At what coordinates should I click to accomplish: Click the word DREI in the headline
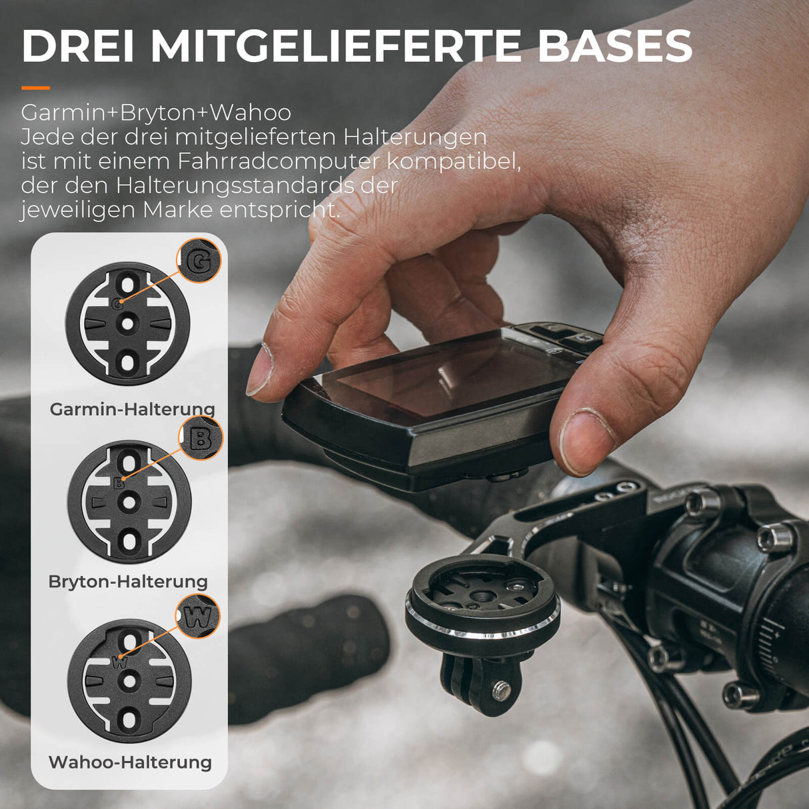point(79,46)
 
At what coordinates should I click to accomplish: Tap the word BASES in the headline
point(615,46)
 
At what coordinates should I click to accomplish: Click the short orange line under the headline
point(35,88)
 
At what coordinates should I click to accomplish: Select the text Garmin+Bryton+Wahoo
point(156,113)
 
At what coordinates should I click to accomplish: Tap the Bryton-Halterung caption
point(128,581)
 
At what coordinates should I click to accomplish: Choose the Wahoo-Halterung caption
point(130,762)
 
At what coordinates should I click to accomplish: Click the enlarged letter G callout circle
point(199,261)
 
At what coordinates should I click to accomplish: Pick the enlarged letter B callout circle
point(201,438)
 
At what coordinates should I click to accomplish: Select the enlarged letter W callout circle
point(199,616)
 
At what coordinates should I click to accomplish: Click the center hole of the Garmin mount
point(127,324)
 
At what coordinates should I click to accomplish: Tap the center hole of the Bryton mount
point(129,500)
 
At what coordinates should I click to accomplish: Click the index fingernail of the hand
point(260,370)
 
